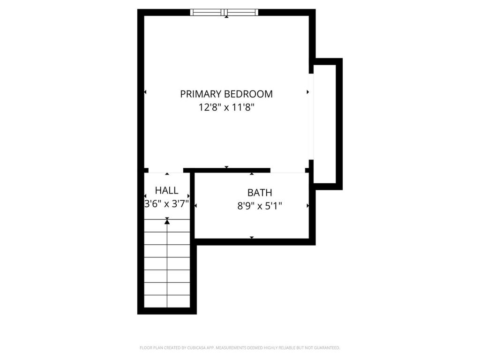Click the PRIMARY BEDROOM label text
click(226, 94)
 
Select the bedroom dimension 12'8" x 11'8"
click(226, 107)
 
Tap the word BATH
click(260, 193)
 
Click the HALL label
click(166, 190)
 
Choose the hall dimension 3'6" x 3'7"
click(166, 203)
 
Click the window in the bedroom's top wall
click(224, 12)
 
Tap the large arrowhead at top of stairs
click(167, 221)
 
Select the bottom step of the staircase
click(167, 301)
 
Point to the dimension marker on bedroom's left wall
click(145, 92)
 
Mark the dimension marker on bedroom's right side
click(307, 92)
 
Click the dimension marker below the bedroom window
click(227, 17)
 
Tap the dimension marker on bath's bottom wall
click(252, 238)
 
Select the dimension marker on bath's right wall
click(307, 205)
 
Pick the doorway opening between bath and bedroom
click(288, 171)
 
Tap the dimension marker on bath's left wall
click(196, 205)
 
